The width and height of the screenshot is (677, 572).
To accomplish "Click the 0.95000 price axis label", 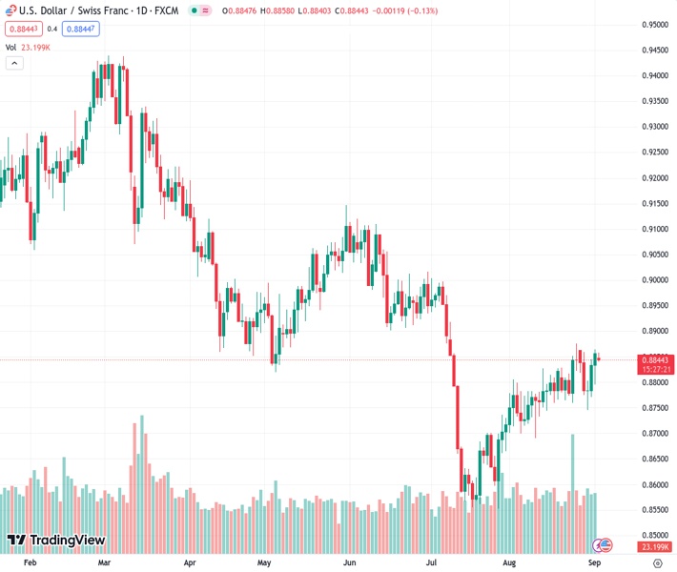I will (x=654, y=25).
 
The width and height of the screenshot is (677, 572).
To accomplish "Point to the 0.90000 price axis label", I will (x=654, y=280).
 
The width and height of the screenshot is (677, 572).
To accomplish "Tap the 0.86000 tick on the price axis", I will (x=654, y=484).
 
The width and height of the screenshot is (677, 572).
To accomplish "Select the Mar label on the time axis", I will (x=107, y=563).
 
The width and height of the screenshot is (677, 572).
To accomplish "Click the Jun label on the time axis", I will (x=350, y=563).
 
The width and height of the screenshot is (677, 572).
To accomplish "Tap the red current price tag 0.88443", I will (x=654, y=359).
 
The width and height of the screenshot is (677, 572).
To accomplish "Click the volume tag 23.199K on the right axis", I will (x=654, y=546).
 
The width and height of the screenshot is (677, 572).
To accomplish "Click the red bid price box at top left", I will (x=23, y=29).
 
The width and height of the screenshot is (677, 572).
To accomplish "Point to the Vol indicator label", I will (x=11, y=46).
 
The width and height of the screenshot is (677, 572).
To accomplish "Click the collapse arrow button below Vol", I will (x=14, y=63).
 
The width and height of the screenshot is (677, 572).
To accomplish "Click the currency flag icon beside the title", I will (x=10, y=10).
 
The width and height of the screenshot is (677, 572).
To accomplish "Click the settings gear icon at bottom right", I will (x=657, y=563).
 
